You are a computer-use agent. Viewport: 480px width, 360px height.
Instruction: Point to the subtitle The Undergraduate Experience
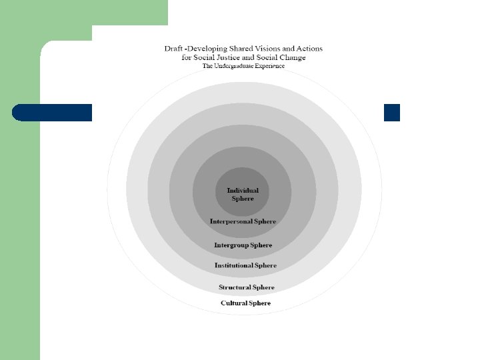243,66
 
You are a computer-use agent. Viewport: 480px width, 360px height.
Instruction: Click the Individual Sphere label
243,195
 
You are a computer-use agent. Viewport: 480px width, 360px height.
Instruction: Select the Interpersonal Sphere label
243,221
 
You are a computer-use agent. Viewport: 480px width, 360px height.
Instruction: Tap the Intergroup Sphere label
243,245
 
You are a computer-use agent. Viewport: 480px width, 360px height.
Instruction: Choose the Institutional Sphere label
245,265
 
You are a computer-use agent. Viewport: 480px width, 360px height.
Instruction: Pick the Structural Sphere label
246,287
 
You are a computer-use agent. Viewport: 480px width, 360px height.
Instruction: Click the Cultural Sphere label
245,303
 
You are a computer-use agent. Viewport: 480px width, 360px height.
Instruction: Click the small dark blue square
392,113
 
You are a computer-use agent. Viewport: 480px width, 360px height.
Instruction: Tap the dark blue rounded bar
52,113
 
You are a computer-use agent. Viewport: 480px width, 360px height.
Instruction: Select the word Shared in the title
239,49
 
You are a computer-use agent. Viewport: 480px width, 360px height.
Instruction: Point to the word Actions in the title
309,49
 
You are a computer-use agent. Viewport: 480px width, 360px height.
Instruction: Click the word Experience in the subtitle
273,66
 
